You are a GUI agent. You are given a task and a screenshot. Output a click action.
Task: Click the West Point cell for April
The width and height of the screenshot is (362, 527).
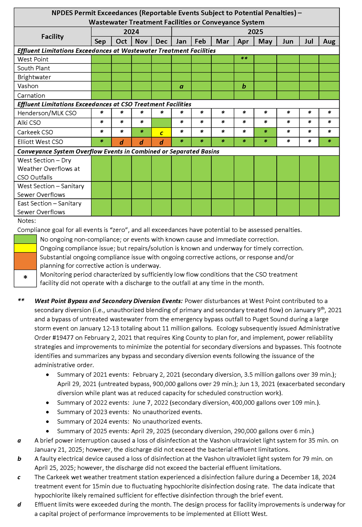(x=244, y=59)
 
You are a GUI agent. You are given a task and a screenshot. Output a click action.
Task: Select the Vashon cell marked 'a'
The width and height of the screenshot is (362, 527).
(x=181, y=86)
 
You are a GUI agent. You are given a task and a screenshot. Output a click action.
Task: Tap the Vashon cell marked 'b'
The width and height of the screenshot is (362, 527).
(x=244, y=86)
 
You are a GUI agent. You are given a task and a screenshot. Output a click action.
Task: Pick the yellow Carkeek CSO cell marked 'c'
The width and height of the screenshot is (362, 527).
(x=161, y=133)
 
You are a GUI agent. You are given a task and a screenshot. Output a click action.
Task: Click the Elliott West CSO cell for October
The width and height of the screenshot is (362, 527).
(x=121, y=142)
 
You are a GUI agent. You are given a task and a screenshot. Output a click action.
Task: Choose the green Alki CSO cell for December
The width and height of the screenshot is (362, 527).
(x=161, y=123)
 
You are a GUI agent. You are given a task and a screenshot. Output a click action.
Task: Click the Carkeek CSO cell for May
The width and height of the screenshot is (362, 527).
(x=265, y=133)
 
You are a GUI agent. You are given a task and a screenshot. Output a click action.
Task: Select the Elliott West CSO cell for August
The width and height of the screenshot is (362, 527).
(x=329, y=142)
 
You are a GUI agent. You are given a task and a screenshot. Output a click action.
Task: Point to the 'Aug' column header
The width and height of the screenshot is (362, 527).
(x=329, y=41)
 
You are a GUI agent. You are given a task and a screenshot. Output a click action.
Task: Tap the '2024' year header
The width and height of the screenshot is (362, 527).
(x=131, y=32)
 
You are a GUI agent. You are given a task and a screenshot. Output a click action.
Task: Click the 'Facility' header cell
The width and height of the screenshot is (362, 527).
(x=52, y=37)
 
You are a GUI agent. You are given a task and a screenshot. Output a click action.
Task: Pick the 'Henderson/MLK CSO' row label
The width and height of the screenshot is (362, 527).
(x=47, y=113)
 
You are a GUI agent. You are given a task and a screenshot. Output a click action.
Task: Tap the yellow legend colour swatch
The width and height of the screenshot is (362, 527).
(x=25, y=248)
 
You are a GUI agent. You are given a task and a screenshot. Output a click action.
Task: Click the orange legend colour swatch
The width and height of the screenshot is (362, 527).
(x=25, y=261)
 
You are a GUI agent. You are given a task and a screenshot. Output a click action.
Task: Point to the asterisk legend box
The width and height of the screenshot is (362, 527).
(x=25, y=278)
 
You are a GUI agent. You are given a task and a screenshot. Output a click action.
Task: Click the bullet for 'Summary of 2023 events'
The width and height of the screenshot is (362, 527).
(x=48, y=412)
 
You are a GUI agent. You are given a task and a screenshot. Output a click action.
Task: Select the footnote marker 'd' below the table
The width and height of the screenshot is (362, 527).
(x=19, y=505)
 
